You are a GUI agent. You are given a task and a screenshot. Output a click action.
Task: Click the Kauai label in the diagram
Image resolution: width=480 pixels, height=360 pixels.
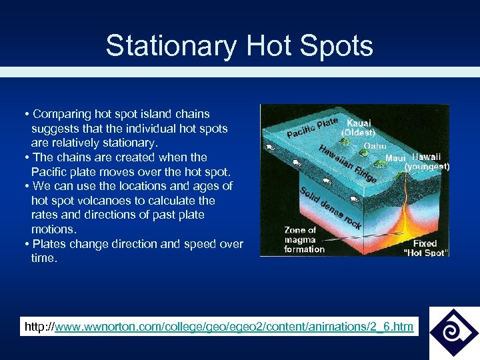tap(359, 123)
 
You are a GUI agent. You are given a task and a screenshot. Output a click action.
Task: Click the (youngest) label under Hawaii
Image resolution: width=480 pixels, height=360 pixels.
tap(427, 167)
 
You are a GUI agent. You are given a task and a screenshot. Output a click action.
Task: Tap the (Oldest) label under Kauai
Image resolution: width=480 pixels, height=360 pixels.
tap(359, 132)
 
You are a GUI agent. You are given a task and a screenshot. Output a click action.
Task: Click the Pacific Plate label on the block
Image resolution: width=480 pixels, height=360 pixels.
tap(313, 127)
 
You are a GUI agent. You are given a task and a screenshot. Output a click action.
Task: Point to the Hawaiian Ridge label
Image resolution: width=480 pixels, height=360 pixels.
tap(347, 164)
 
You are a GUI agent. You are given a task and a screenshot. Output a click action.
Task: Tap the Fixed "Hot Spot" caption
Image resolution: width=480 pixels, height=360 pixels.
tap(425, 248)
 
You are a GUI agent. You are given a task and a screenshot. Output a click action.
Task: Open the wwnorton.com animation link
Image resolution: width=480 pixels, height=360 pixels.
tap(234, 327)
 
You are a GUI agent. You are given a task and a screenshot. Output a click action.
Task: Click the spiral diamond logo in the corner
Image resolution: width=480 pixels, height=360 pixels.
tap(454, 332)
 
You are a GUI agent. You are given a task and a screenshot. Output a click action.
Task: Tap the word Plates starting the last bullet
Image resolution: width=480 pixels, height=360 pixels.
tap(47, 244)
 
